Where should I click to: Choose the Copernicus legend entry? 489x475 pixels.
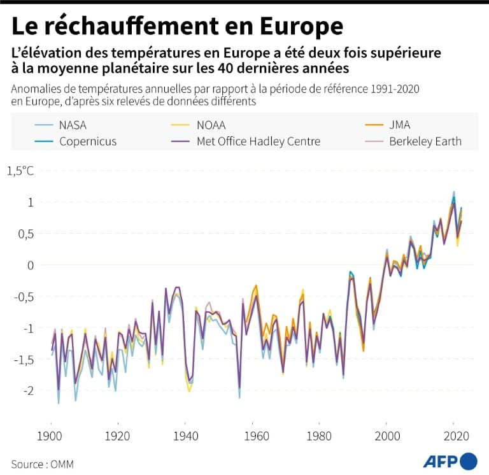pos(88,141)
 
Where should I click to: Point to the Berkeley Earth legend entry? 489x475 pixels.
pos(425,141)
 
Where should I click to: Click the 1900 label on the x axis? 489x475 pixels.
pos(50,437)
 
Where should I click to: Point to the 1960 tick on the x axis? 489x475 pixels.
pos(252,437)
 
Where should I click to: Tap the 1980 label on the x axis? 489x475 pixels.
pos(319,437)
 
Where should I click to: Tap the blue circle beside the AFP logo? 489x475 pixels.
pos(469,461)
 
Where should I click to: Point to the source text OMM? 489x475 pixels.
pos(62,464)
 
